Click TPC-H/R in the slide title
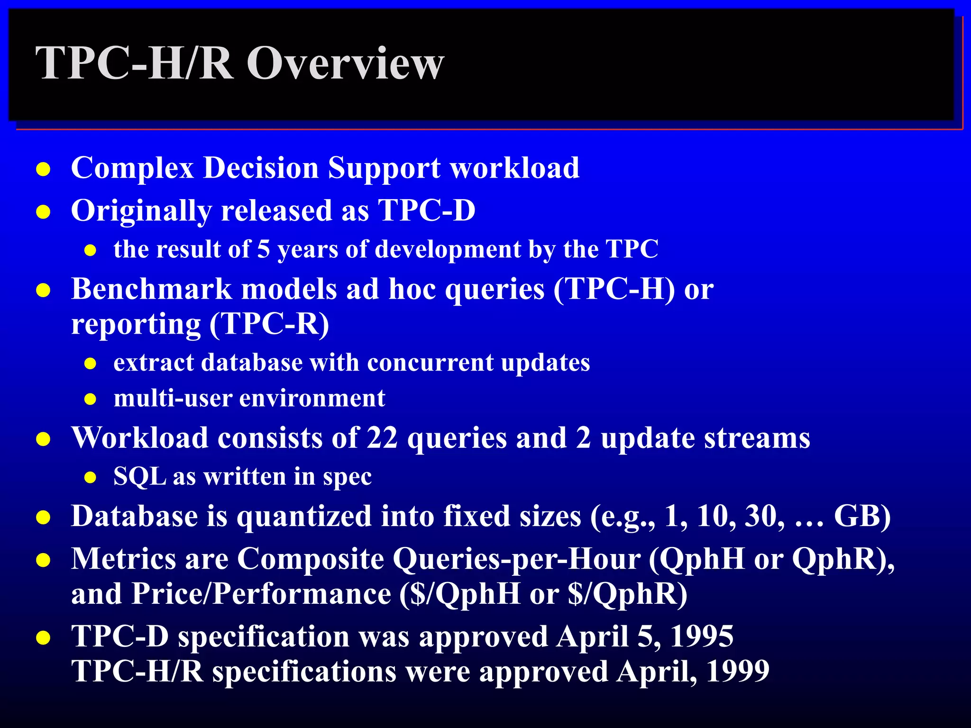point(135,64)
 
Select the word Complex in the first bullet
point(132,168)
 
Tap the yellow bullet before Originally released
point(43,212)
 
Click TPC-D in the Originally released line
point(427,210)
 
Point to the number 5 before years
point(264,249)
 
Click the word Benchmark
point(151,289)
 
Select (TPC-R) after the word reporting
point(269,324)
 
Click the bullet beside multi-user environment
point(91,399)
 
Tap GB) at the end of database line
point(862,516)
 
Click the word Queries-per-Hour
point(517,559)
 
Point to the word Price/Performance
point(261,594)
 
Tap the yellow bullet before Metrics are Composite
point(43,561)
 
